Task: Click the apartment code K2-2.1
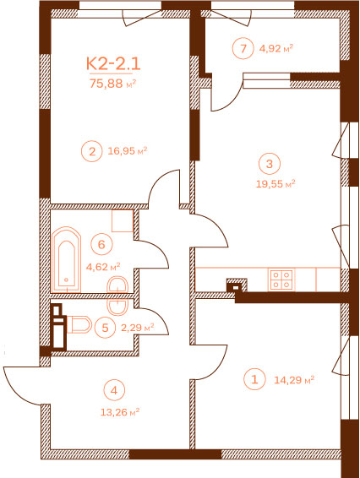coord(113,64)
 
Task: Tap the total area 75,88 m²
coord(112,84)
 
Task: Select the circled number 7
coord(243,48)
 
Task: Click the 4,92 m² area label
coord(276,48)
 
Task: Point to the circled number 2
coord(92,151)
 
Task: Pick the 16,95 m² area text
coord(128,150)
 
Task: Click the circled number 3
coord(269,164)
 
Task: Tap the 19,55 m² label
coord(275,184)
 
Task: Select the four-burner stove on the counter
coord(281,280)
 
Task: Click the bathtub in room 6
coord(67,260)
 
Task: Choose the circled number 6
coord(101,244)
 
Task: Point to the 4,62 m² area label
coord(103,267)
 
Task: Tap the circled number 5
coord(105,328)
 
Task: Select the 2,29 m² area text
coord(137,328)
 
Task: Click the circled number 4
coord(114,390)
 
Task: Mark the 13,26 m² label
coord(120,412)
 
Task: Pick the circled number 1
coord(254,379)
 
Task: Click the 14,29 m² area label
coord(294,380)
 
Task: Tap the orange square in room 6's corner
coord(123,220)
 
